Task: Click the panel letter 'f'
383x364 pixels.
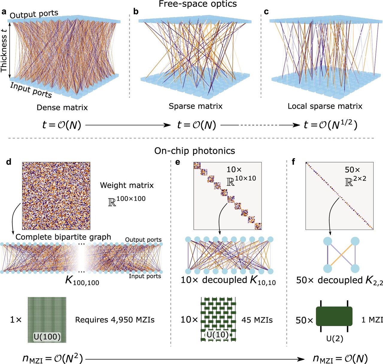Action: tap(293, 162)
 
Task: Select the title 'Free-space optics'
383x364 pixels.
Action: tap(197, 4)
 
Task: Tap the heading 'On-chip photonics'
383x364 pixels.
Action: tap(194, 151)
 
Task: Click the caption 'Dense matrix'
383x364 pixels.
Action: tap(62, 108)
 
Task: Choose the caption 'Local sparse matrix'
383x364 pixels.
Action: tap(325, 106)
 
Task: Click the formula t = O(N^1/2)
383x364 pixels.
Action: tap(330, 125)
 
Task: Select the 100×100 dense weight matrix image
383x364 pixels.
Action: tap(56, 196)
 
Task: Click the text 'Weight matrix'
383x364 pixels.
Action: tap(127, 185)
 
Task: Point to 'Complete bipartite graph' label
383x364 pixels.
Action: tap(63, 237)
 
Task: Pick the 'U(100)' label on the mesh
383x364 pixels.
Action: tap(47, 337)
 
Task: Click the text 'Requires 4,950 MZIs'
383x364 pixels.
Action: tap(115, 320)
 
